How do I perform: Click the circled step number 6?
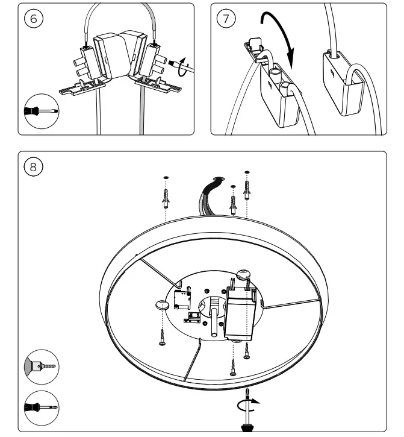pos(34,18)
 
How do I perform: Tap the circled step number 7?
pos(226,18)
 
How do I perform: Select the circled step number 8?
pos(34,165)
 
